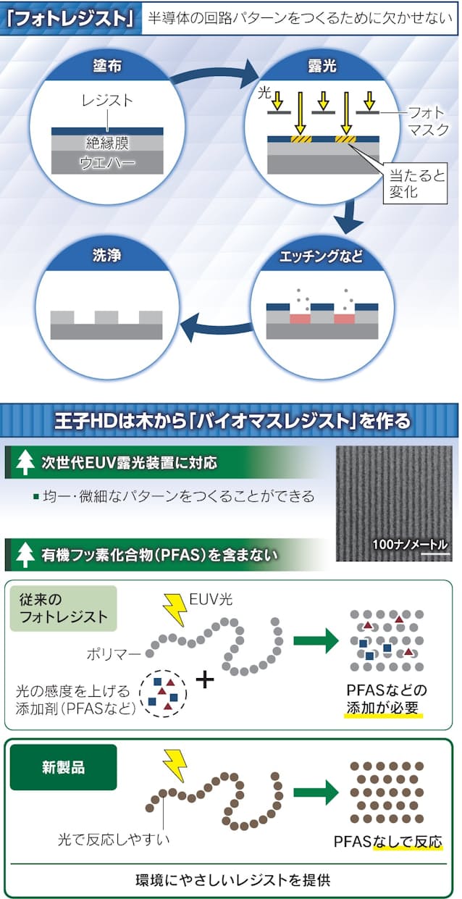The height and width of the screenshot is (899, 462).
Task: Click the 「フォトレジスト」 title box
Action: coord(69,17)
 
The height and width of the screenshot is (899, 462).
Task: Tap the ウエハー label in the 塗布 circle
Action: coord(106,164)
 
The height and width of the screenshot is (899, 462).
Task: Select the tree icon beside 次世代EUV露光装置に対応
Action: coord(26,461)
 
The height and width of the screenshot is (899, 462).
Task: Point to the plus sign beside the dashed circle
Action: coord(206,679)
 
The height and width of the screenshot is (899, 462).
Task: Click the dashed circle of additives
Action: coord(163,693)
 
